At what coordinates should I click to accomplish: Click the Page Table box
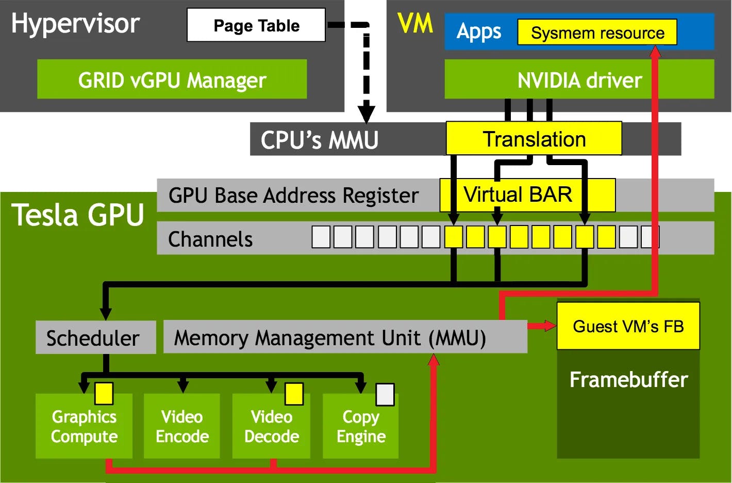tap(256, 25)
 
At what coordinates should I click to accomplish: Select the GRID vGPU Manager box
tap(172, 79)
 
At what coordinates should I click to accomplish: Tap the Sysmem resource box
tap(597, 33)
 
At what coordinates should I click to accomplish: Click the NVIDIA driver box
tap(579, 79)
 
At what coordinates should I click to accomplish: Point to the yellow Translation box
tap(534, 139)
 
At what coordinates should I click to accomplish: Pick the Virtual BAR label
tap(518, 195)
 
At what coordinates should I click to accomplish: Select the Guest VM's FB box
tap(628, 326)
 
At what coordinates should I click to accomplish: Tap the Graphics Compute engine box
tap(84, 426)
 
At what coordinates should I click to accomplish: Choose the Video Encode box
tap(182, 426)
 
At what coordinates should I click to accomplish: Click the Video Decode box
tap(271, 426)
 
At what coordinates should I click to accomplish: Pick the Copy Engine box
tap(361, 426)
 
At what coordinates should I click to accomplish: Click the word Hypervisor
tap(75, 23)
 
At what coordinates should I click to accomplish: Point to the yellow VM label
tap(415, 23)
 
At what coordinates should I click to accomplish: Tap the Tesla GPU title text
tap(78, 215)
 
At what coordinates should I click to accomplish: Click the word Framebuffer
tap(628, 380)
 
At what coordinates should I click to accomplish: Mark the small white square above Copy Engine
tap(385, 395)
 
